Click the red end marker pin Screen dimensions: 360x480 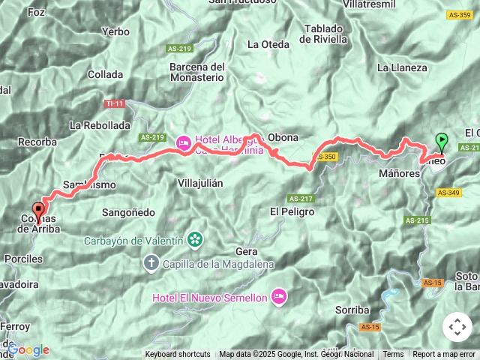(37, 209)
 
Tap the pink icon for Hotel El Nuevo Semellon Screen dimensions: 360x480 (279, 297)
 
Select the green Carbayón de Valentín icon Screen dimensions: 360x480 (196, 240)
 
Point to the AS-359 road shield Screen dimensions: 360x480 (459, 14)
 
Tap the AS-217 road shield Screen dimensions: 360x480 (299, 198)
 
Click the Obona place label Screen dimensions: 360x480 (283, 137)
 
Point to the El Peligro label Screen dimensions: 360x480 (292, 212)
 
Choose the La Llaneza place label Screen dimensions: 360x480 (402, 67)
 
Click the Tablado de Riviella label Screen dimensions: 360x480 (325, 34)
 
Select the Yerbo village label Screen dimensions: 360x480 (115, 31)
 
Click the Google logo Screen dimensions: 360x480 (28, 349)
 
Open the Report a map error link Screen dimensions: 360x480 (445, 354)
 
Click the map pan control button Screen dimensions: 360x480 (457, 327)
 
